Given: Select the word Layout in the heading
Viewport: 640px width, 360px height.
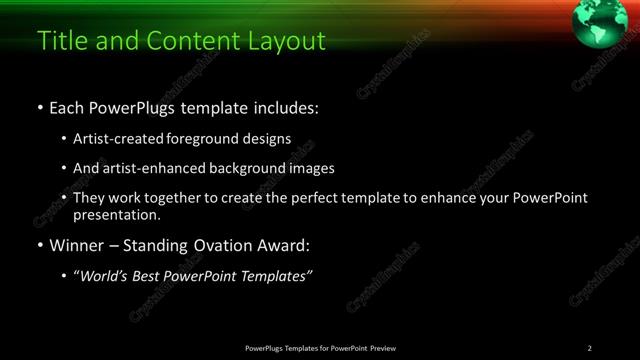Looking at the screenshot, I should tap(290, 41).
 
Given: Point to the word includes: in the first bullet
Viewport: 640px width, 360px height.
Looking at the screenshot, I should tap(285, 106).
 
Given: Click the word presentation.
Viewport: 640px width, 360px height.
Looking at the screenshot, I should tap(116, 214).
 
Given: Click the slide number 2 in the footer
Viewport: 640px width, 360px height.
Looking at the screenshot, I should tap(590, 348).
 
